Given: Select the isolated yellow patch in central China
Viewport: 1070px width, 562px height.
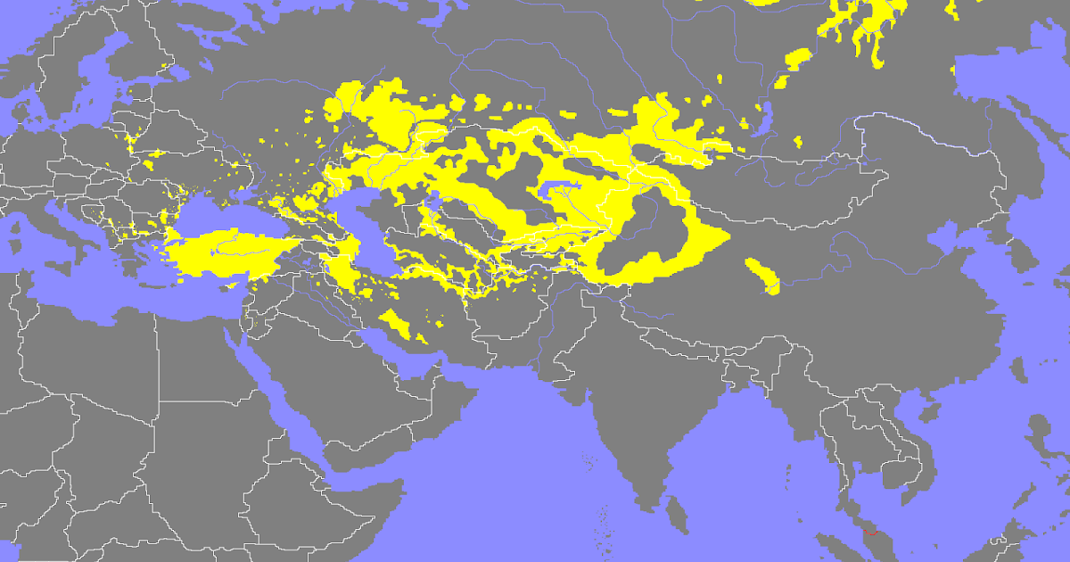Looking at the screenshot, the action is [x=765, y=276].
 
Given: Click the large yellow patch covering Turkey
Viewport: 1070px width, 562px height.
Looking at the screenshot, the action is [x=223, y=252].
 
